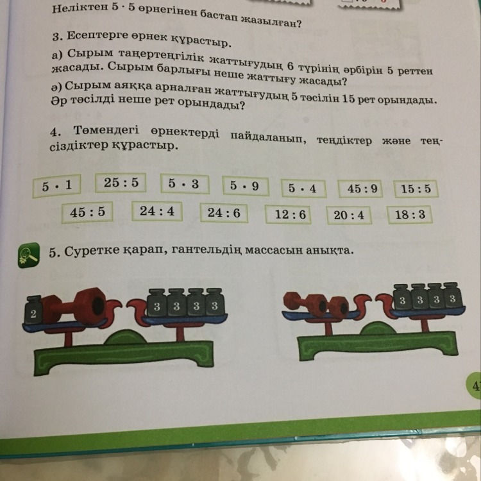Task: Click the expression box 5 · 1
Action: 56,185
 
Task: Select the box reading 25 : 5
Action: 121,183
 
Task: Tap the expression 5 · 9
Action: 246,186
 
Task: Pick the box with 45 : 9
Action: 360,189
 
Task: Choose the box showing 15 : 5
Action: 416,189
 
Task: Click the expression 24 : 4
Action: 157,211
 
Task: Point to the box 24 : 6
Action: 224,213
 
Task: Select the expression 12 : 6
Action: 288,214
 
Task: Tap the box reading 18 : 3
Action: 410,215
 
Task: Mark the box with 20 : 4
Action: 350,215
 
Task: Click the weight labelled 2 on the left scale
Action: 33,310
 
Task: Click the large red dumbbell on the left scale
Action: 74,306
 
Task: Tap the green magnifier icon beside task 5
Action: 28,255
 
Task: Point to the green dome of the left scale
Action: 125,337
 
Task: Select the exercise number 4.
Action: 55,132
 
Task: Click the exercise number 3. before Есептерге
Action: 57,37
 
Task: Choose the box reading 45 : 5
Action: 87,212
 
